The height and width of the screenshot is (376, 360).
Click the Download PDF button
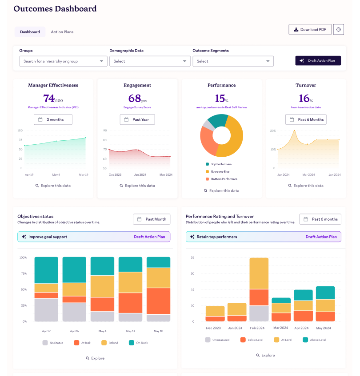310,29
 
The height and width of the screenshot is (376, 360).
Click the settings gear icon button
339,29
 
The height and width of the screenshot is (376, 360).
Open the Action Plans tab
62,32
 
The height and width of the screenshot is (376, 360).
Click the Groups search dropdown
63,61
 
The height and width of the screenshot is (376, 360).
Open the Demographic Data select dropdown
150,61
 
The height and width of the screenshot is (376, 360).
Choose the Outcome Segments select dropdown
233,61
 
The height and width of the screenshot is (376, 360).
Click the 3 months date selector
53,119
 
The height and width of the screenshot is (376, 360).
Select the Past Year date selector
137,119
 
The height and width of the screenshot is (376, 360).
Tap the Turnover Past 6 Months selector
306,119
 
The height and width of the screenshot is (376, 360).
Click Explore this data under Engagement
137,186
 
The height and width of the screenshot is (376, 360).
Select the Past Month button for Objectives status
152,219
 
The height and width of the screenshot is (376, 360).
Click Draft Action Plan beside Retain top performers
321,237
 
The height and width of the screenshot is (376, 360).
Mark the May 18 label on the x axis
158,331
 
